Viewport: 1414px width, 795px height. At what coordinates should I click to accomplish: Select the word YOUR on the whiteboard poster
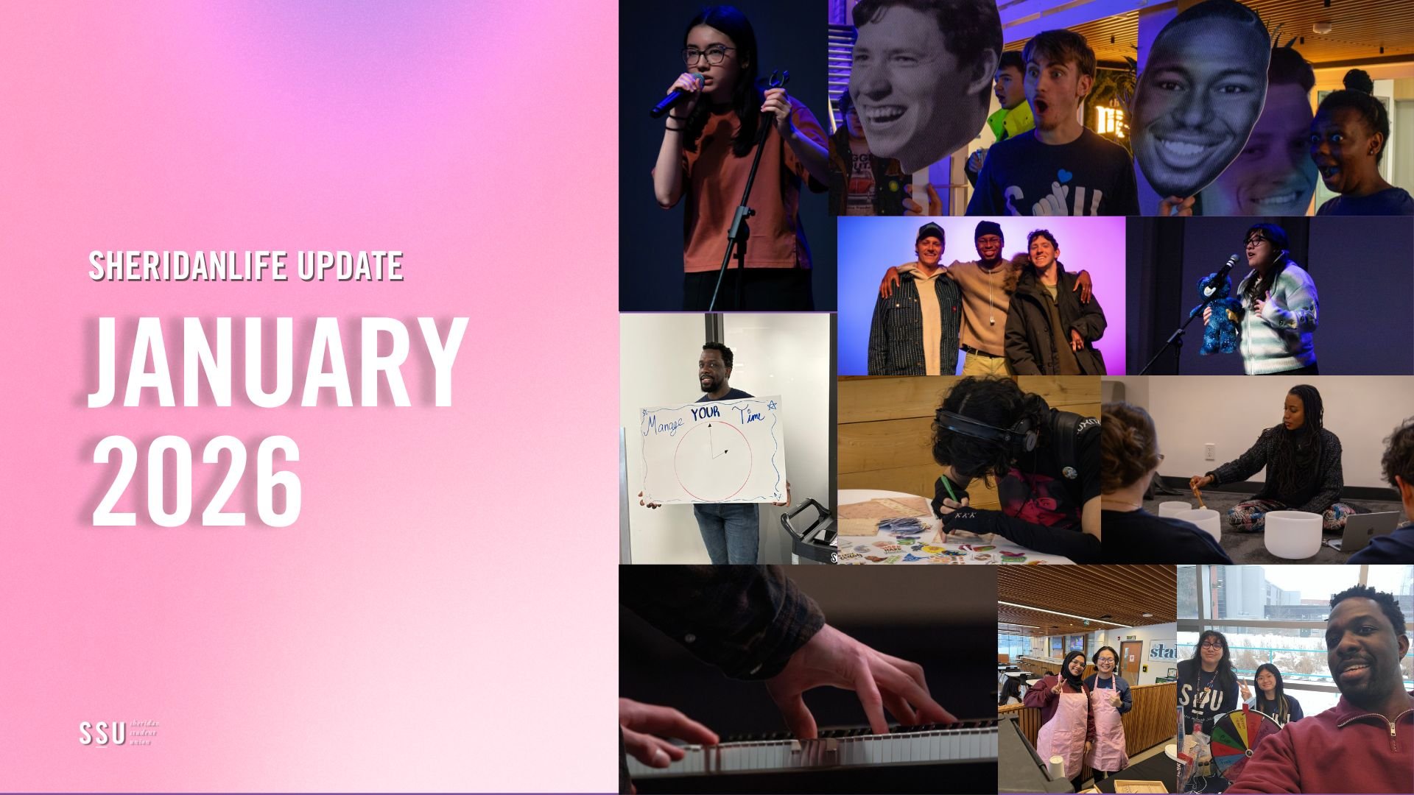705,412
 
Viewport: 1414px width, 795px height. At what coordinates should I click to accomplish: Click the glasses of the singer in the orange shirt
708,55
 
